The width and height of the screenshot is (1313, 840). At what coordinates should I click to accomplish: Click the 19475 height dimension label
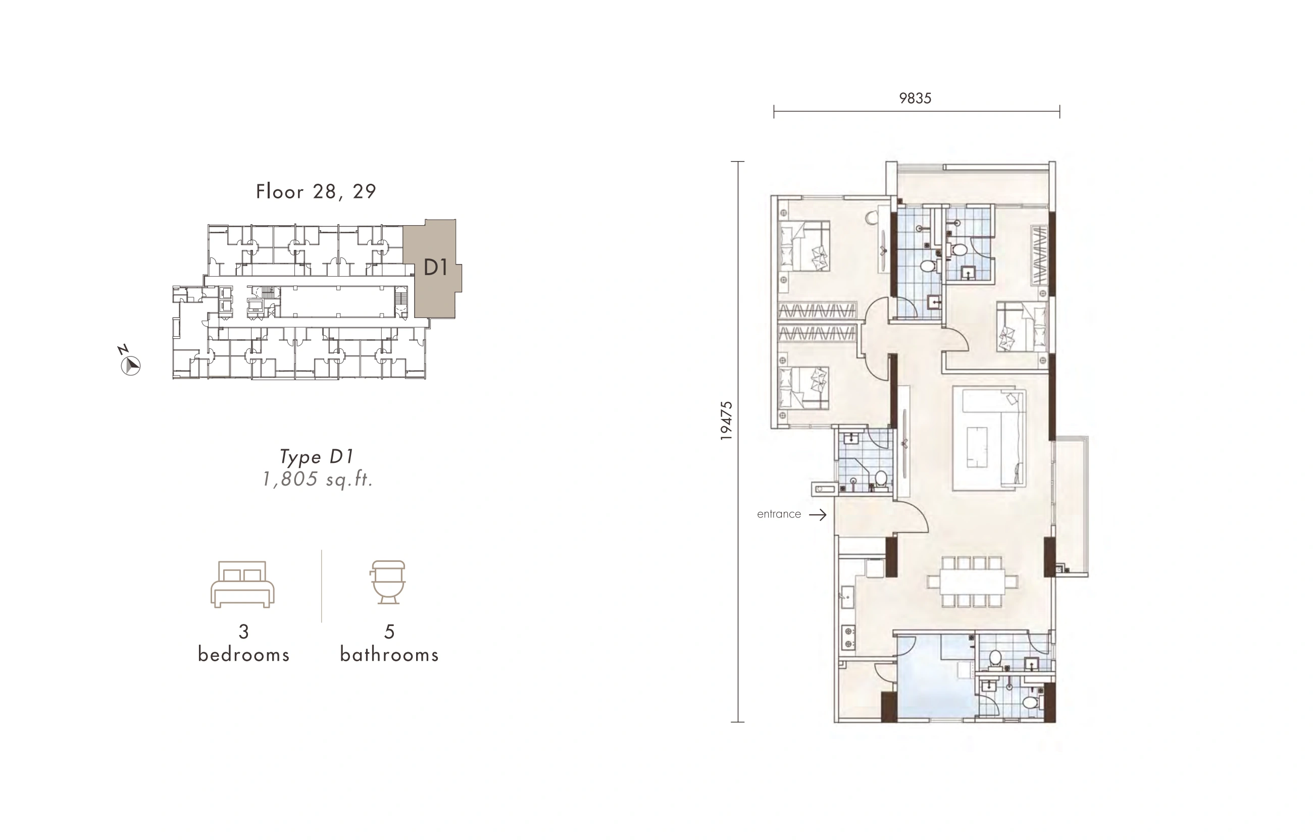pos(726,421)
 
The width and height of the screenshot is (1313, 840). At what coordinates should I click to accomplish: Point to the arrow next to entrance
pos(817,514)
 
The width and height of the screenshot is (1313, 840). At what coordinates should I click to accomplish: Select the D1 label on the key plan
pos(435,267)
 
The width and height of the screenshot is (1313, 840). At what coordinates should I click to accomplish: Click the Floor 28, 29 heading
pos(317,191)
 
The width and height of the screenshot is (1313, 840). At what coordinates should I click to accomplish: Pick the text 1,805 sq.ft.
pos(318,480)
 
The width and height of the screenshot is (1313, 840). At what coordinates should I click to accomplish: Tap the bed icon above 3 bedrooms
pos(243,584)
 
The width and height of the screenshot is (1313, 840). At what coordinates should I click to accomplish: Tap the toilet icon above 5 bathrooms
pos(388,582)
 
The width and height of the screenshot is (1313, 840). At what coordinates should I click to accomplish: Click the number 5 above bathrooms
pos(389,632)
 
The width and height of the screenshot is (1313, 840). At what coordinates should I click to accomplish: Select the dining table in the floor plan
pos(972,582)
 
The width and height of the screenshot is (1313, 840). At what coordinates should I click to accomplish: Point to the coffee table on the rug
pos(977,447)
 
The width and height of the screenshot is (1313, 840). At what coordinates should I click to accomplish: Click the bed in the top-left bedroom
pos(804,246)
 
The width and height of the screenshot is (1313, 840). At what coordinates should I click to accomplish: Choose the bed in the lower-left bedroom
pos(803,388)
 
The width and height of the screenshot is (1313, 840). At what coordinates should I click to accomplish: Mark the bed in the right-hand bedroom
pos(1022,327)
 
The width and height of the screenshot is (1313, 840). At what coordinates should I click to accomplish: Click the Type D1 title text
pos(317,456)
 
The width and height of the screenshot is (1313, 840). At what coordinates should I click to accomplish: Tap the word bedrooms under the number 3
pos(243,654)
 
